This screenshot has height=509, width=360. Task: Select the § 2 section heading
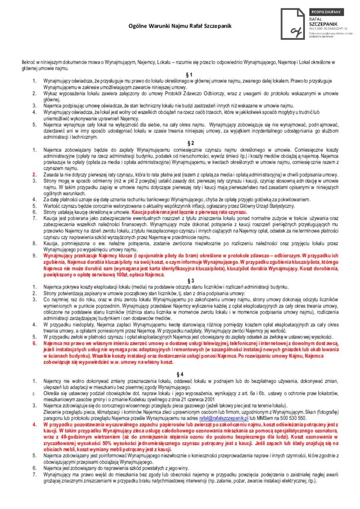180,143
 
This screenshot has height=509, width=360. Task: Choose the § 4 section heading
180,373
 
